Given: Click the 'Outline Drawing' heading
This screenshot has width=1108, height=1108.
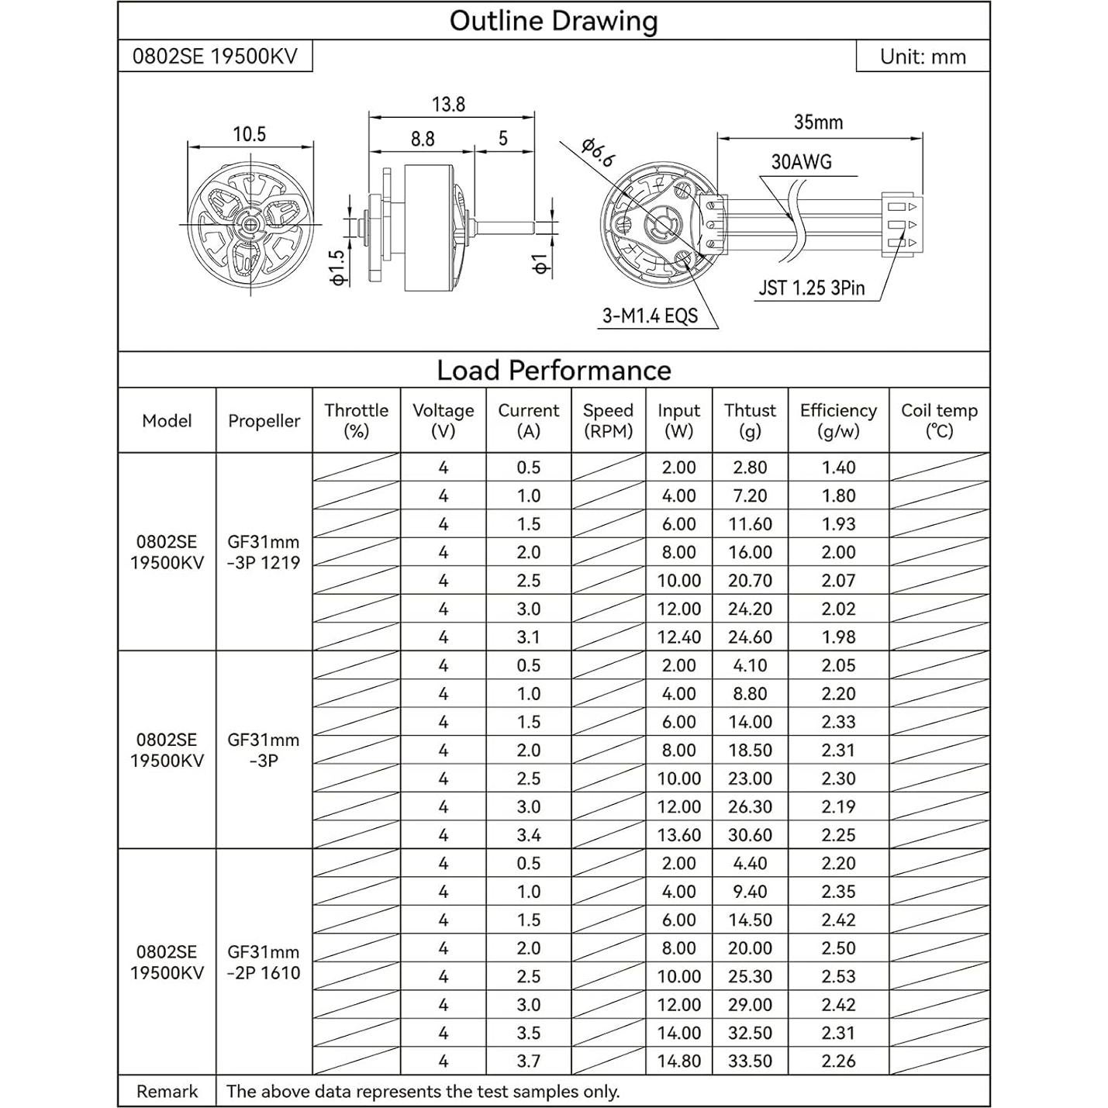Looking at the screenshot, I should coord(554,21).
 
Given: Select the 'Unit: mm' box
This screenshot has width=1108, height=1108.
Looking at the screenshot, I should coord(923,57).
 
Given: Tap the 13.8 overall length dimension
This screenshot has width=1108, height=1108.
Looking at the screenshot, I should coord(448,105).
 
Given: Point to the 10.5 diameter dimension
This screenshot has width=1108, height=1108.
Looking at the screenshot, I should coord(250,134).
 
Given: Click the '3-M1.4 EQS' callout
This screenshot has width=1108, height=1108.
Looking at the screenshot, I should coord(651,316).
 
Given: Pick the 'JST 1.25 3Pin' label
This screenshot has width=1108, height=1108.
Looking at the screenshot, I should coord(811,288).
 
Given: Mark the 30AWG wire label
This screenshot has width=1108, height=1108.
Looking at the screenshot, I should coord(801,162).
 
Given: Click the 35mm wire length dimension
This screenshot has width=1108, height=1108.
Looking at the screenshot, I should coord(818,123).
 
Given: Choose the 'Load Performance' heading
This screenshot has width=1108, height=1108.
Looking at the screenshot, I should coord(554,371).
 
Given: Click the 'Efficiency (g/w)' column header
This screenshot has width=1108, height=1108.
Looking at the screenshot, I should coord(838,420).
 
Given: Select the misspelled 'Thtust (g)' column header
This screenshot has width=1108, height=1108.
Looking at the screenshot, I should coord(750,420).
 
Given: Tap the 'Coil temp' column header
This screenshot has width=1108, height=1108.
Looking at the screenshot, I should coord(939,420).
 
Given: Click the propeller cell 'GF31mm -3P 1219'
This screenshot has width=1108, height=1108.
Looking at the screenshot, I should coord(264,552).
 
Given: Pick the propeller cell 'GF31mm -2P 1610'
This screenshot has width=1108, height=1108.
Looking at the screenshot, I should coord(264,962).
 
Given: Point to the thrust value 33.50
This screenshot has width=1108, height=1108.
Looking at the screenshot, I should coord(750,1061).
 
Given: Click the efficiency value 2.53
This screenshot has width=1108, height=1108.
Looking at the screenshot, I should coord(838,976).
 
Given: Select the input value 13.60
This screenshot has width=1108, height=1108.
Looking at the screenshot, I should coord(678,835).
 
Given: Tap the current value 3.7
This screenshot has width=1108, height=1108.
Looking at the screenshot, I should coord(528,1061).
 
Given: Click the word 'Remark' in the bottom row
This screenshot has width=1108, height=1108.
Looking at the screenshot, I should coord(167,1092).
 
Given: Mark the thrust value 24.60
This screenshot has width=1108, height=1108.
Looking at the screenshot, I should coord(750,637).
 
